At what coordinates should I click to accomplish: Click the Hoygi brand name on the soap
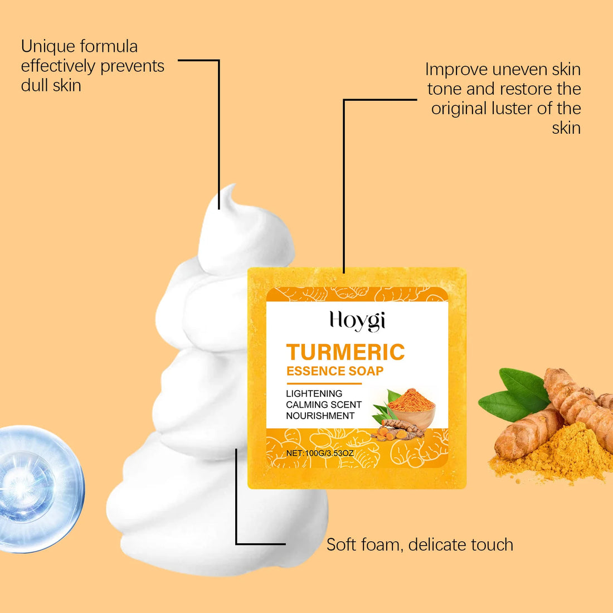(357, 321)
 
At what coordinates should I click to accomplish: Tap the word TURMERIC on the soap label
(346, 352)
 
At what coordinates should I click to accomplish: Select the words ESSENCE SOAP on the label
(335, 371)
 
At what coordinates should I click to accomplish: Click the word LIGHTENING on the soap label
(314, 393)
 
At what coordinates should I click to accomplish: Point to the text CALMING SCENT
(324, 405)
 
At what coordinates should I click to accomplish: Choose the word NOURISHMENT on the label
(320, 416)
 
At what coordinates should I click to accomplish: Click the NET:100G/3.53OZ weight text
(320, 453)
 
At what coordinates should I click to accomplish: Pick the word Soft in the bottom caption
(341, 544)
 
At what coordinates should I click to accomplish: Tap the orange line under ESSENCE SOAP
(324, 383)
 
